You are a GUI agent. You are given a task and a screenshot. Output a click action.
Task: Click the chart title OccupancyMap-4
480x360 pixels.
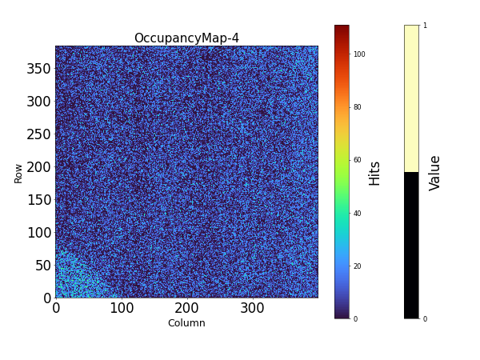pyautogui.click(x=186, y=38)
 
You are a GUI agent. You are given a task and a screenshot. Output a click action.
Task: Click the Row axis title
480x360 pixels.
pyautogui.click(x=18, y=174)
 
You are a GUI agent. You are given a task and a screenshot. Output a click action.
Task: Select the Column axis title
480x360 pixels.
pyautogui.click(x=186, y=323)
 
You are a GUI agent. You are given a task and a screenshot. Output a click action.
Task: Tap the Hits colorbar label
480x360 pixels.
pyautogui.click(x=374, y=173)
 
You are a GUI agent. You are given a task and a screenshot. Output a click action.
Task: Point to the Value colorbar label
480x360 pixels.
pyautogui.click(x=435, y=173)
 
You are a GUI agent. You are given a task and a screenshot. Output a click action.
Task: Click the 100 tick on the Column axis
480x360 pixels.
pyautogui.click(x=121, y=307)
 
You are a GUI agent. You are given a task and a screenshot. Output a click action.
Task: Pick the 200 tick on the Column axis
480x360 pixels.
pyautogui.click(x=186, y=307)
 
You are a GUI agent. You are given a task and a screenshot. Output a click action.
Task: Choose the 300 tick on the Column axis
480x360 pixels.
pyautogui.click(x=252, y=307)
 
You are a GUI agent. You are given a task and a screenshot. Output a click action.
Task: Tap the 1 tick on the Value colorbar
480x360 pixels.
pyautogui.click(x=425, y=26)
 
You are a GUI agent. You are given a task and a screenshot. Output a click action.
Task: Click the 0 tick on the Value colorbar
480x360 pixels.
pyautogui.click(x=425, y=319)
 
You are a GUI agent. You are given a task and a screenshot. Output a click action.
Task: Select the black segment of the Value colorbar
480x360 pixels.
pyautogui.click(x=411, y=245)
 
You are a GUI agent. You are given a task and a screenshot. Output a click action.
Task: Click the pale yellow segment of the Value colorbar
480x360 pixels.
pyautogui.click(x=411, y=98)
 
